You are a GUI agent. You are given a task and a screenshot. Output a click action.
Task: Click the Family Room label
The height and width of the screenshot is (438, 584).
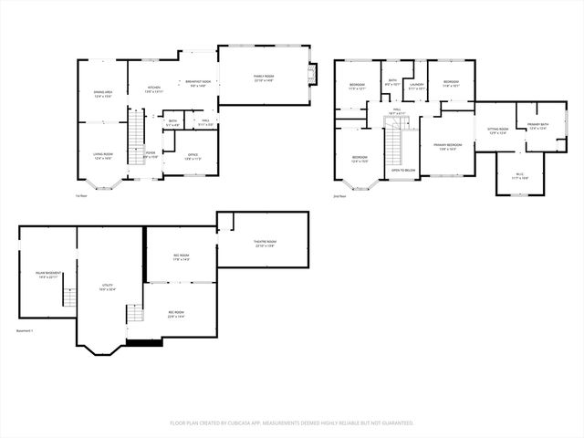pyautogui.click(x=264, y=78)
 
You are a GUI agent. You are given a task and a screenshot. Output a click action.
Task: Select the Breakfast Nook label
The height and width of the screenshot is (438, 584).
pyautogui.click(x=199, y=83)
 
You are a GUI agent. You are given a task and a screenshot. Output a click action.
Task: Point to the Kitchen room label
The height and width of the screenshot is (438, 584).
pyautogui.click(x=154, y=89)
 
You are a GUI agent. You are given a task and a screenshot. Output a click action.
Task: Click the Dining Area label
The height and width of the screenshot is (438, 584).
pyautogui.click(x=103, y=93)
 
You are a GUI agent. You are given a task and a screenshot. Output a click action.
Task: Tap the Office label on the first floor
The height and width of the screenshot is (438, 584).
pyautogui.click(x=193, y=157)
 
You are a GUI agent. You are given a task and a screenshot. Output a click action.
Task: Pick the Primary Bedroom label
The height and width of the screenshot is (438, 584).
pyautogui.click(x=446, y=147)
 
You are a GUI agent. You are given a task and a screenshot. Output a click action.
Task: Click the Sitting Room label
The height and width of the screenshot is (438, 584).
pyautogui.click(x=497, y=131)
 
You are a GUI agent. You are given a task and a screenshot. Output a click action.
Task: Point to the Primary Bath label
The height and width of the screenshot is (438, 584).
pyautogui.click(x=537, y=126)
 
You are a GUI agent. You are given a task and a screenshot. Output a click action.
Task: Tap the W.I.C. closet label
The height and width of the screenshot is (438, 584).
pyautogui.click(x=518, y=176)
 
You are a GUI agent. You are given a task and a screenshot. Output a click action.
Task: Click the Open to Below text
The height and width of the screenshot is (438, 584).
pyautogui.click(x=403, y=171)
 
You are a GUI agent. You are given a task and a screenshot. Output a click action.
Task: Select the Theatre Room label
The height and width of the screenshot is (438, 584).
pyautogui.click(x=265, y=243)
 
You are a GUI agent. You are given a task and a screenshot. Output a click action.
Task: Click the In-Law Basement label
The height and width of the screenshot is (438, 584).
pyautogui.click(x=48, y=275)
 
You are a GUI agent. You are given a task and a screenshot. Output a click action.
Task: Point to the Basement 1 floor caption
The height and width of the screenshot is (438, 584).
pyautogui.click(x=25, y=329)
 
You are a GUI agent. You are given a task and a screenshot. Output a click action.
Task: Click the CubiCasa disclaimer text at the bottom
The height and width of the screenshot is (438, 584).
pyautogui.click(x=292, y=422)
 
